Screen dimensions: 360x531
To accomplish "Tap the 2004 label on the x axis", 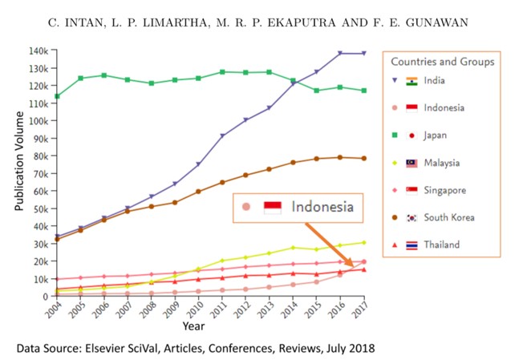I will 52,309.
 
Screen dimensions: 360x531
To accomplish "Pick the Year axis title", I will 193,326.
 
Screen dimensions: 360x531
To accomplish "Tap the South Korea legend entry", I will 448,217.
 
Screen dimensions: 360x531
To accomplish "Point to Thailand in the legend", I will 441,245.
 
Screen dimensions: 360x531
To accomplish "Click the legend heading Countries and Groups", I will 443,61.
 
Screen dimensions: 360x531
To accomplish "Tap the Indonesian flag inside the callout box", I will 274,207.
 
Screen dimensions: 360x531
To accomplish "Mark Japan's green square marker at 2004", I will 56,96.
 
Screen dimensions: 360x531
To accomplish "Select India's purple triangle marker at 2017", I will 364,54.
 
